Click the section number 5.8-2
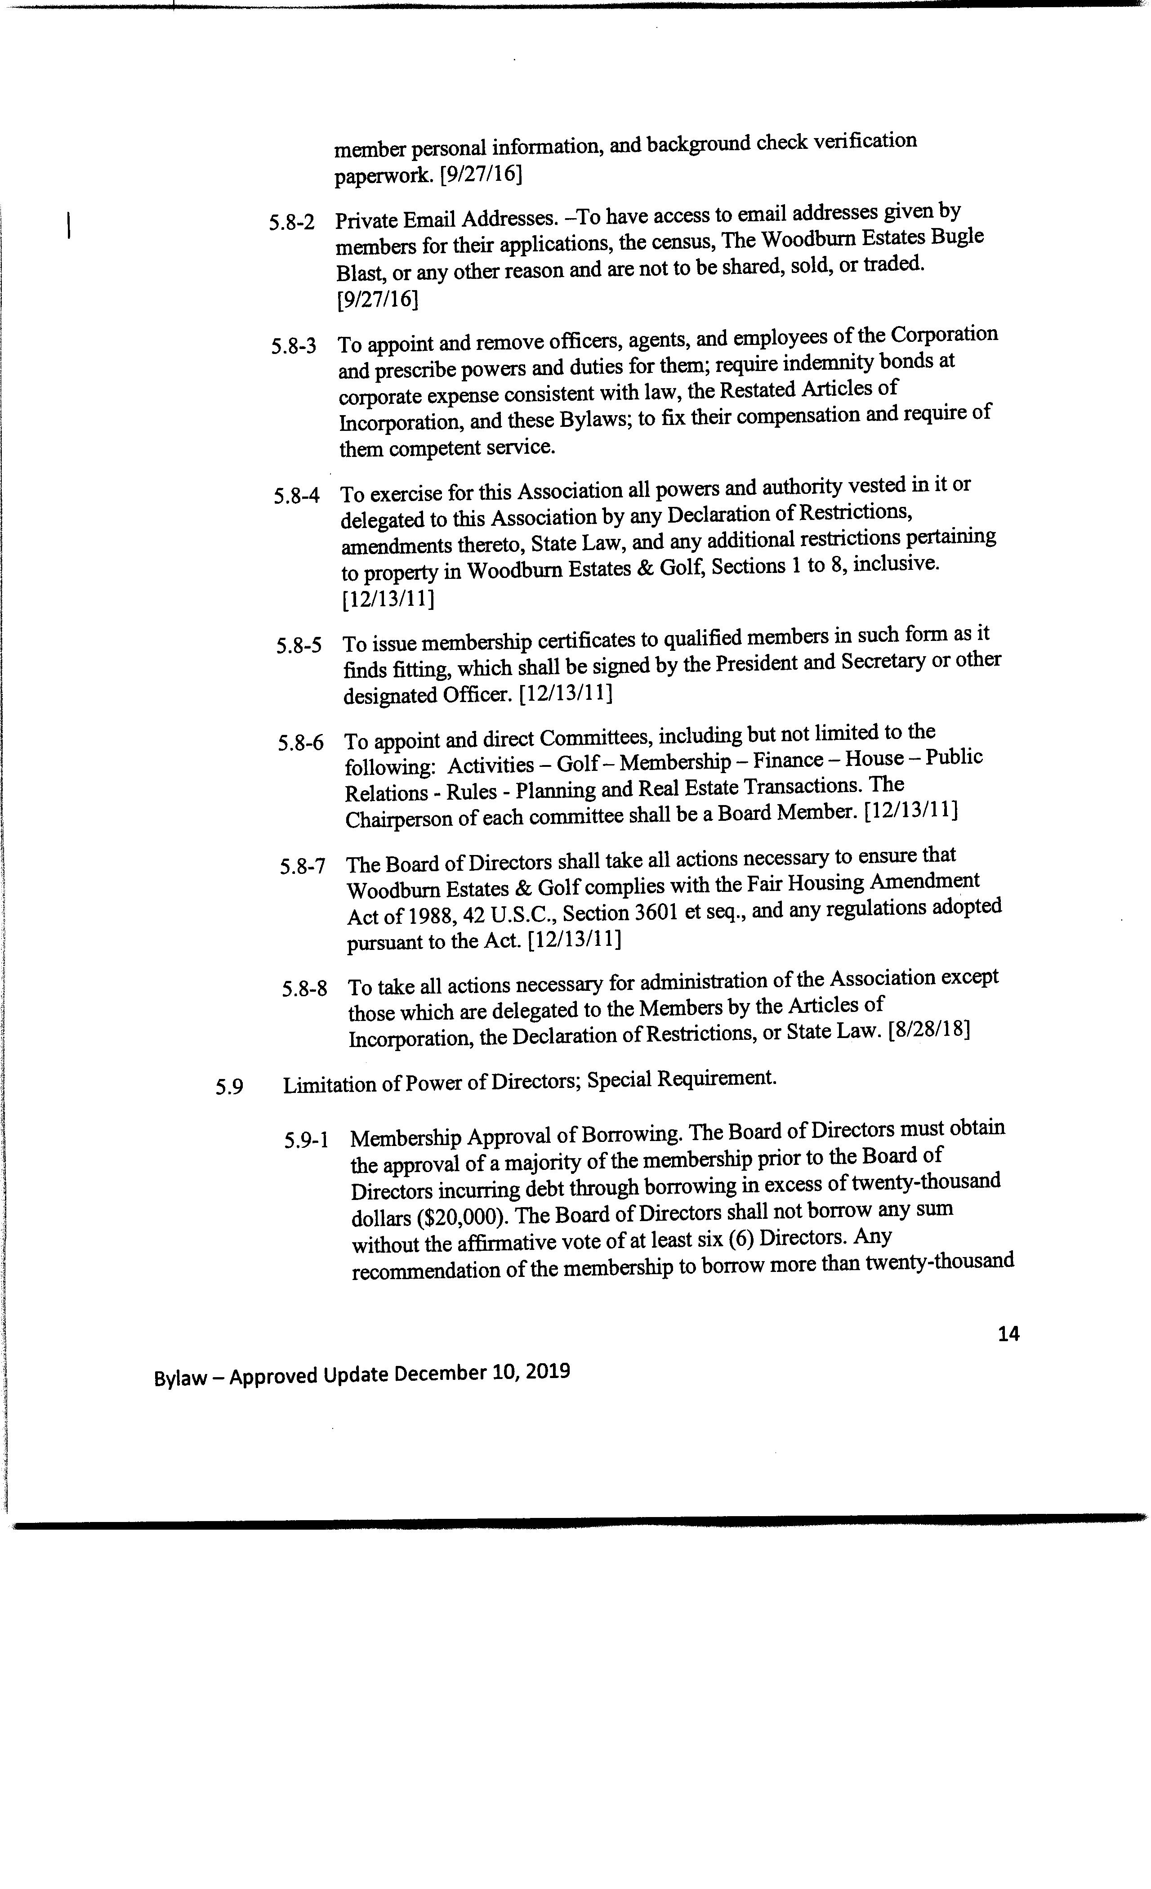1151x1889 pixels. click(x=291, y=222)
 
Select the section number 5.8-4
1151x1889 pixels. click(x=297, y=495)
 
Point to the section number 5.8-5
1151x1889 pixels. click(x=299, y=645)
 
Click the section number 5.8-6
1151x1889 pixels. click(x=300, y=743)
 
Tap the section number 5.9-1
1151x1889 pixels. click(x=307, y=1140)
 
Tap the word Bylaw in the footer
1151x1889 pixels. click(x=181, y=1378)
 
